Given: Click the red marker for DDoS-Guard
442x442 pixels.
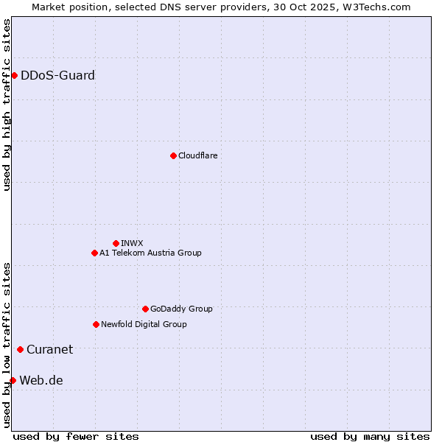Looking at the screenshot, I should (x=14, y=75).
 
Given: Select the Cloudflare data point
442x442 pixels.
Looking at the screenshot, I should (x=173, y=155).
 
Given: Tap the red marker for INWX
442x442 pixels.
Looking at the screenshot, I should (x=116, y=243).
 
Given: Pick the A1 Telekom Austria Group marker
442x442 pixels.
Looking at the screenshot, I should (x=94, y=253).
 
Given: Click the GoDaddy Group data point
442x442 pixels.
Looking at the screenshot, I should (x=145, y=309).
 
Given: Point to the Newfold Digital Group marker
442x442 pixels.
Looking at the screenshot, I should (x=96, y=324).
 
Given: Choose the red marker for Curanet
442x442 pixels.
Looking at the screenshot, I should (x=20, y=349).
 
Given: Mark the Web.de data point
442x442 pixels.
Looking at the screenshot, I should (x=13, y=380).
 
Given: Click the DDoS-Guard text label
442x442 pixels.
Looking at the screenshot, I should (x=57, y=75).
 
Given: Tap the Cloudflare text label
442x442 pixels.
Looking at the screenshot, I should (x=197, y=155).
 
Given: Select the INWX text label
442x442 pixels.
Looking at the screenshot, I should (x=132, y=243).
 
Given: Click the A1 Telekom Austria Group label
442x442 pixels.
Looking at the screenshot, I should (x=150, y=253).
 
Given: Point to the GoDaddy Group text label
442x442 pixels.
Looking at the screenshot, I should (x=181, y=309).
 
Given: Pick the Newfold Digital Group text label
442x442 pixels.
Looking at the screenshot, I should (x=144, y=324).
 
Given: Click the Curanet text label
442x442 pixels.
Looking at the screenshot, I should (x=49, y=349).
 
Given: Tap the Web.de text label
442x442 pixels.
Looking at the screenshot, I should (x=41, y=380).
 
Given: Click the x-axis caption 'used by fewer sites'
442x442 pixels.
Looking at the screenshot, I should (x=76, y=436).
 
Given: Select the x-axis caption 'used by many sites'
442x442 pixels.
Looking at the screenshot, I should (x=370, y=436).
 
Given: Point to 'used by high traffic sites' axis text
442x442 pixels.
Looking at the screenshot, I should (x=7, y=105).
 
